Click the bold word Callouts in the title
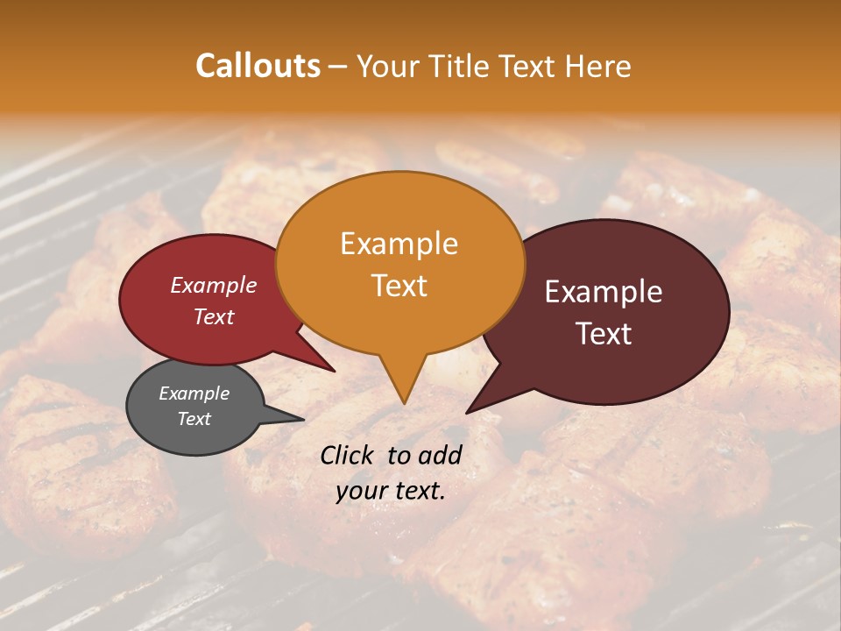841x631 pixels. click(258, 66)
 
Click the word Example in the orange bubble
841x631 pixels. click(399, 244)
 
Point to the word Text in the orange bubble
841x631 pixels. click(399, 286)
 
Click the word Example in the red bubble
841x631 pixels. click(213, 286)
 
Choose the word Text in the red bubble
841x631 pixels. click(213, 317)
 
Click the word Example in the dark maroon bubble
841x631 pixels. click(604, 292)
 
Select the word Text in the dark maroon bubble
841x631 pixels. click(604, 334)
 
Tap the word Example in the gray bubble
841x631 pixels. click(194, 393)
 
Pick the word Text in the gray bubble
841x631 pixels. click(194, 419)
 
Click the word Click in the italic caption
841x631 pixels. click(348, 455)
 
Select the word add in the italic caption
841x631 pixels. click(440, 455)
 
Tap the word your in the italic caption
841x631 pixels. click(361, 492)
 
